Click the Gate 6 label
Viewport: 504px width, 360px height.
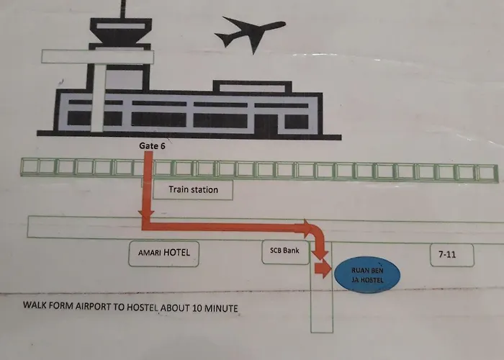tap(152, 145)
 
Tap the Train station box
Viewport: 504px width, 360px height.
tap(193, 189)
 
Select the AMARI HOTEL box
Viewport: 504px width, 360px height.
tap(164, 253)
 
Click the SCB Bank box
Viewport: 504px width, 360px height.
tap(285, 252)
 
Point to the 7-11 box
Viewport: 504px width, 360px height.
tap(452, 255)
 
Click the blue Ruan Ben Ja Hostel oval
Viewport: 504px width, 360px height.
tap(367, 275)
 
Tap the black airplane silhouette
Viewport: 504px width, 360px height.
tap(250, 33)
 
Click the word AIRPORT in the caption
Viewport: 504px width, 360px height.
tap(93, 306)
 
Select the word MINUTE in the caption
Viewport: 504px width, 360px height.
tap(221, 309)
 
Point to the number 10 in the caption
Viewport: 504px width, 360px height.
tap(197, 308)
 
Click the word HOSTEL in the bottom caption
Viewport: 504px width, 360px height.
tap(143, 307)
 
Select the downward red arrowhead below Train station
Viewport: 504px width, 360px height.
tap(146, 216)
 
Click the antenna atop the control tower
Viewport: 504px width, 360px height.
tap(123, 9)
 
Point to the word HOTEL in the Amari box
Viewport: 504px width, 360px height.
tap(177, 252)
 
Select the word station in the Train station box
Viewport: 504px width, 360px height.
tap(203, 189)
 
